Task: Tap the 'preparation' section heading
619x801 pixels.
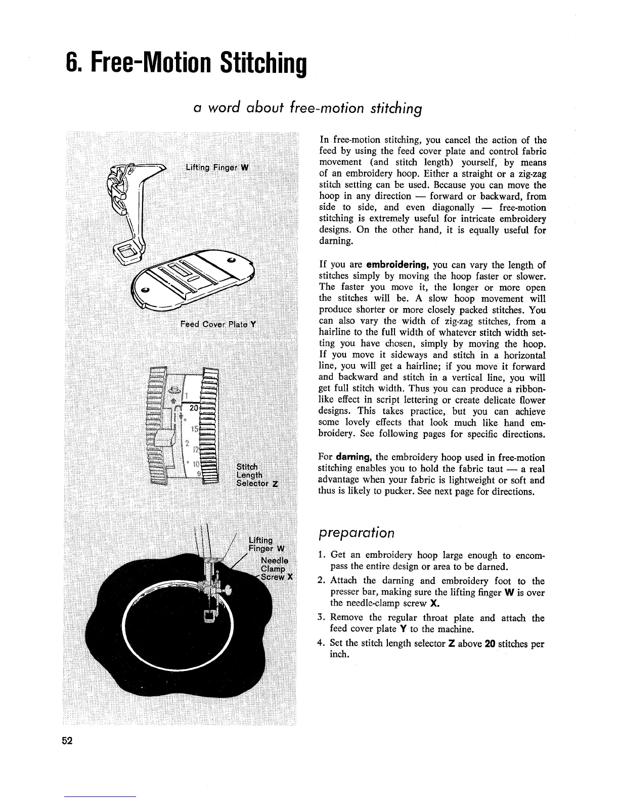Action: (356, 533)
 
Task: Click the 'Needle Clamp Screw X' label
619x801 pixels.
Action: (276, 568)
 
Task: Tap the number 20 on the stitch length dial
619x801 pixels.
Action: (193, 408)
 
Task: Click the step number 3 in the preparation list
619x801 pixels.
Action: (321, 618)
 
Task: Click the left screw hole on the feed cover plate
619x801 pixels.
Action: (145, 290)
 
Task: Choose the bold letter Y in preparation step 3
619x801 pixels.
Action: (403, 630)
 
